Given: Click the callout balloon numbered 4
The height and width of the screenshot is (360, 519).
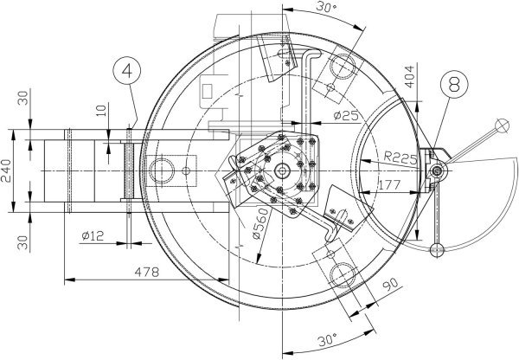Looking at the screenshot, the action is tap(127, 71).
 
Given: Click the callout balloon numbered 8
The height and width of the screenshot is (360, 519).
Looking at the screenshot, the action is tap(454, 84).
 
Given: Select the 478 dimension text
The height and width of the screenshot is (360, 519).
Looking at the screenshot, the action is tap(147, 272).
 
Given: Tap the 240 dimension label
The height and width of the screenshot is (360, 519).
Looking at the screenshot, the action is tap(6, 170).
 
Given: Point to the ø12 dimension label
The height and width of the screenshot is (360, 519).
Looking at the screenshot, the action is tap(93, 235).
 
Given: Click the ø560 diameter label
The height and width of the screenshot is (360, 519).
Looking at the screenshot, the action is tap(259, 223).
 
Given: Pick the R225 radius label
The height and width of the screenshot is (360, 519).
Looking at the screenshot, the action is tap(400, 157).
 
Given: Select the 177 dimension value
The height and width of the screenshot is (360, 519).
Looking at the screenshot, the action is tap(389, 185).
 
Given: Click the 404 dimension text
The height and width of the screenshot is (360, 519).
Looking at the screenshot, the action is tap(409, 77).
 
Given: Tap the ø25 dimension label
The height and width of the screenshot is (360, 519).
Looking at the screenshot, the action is tap(346, 116).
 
